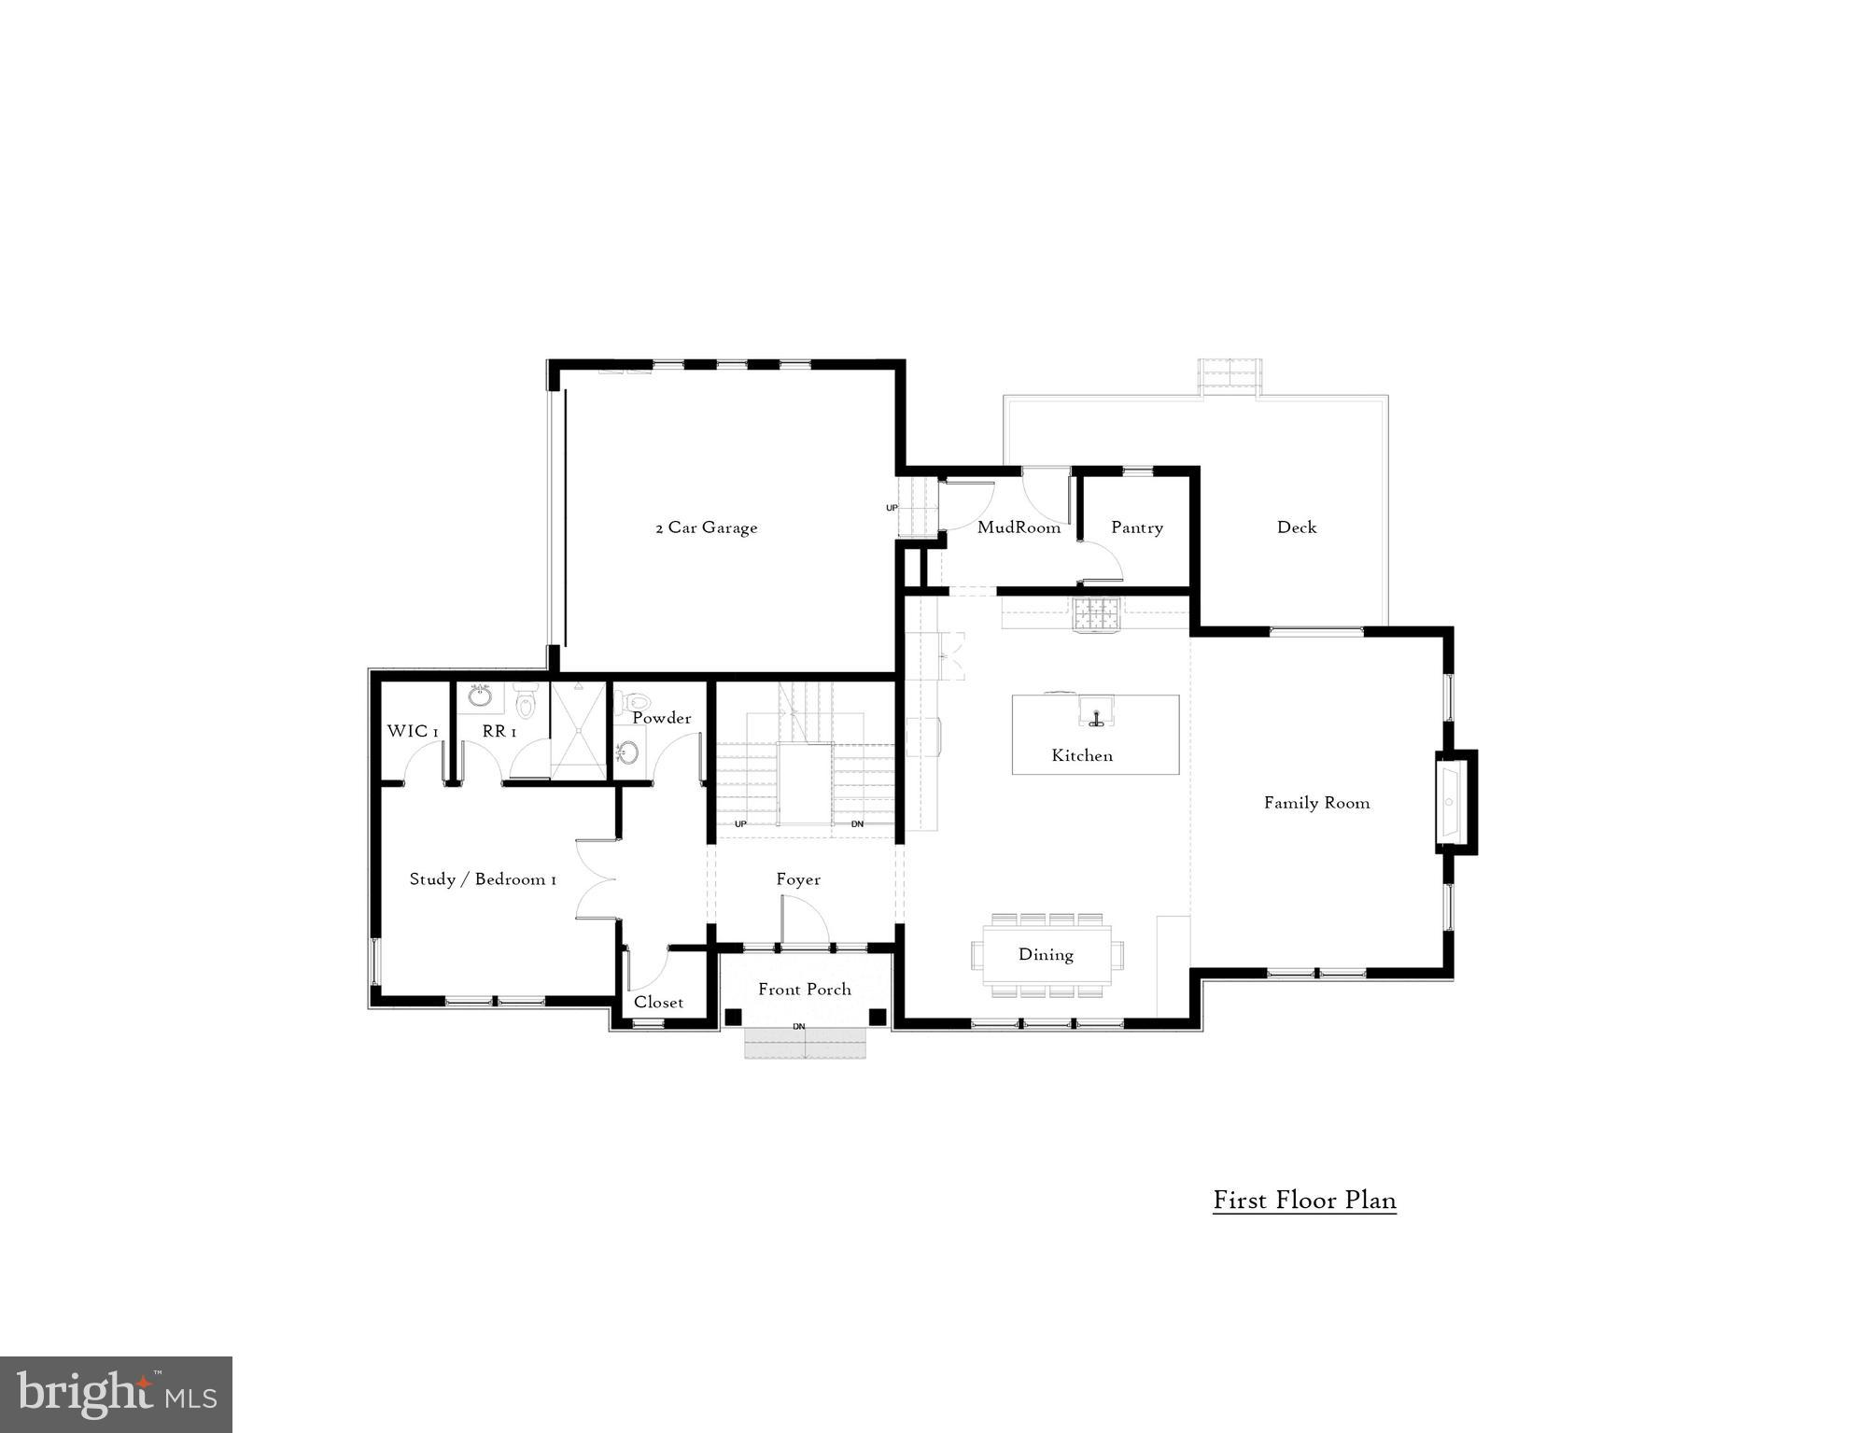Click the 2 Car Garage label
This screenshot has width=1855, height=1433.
tap(706, 527)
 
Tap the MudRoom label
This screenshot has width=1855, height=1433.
tap(1019, 527)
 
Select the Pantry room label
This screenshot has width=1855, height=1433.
tap(1136, 527)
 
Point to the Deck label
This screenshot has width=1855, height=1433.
tap(1296, 527)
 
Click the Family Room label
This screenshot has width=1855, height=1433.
tap(1316, 803)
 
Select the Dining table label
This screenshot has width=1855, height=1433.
tap(1046, 954)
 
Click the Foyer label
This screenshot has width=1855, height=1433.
tap(798, 879)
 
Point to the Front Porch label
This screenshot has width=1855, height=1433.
tap(804, 990)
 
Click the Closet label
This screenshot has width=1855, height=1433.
tap(658, 1003)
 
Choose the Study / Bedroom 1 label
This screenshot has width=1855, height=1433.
tap(483, 879)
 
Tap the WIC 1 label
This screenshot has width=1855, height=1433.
tap(413, 731)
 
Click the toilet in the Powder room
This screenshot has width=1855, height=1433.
tap(638, 699)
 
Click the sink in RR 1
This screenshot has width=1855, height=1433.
tap(481, 696)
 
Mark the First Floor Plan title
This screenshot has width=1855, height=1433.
tap(1304, 1200)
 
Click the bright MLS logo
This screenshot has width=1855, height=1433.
tap(116, 1394)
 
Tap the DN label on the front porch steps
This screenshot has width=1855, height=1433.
tap(798, 1027)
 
